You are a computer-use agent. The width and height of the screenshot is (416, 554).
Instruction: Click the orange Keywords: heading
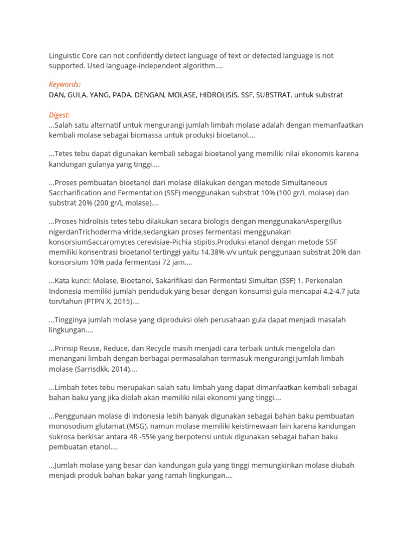[x=64, y=84]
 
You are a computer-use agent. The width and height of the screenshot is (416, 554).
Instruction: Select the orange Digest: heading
[x=60, y=115]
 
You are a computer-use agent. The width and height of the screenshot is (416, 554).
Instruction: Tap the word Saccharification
[x=75, y=193]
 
